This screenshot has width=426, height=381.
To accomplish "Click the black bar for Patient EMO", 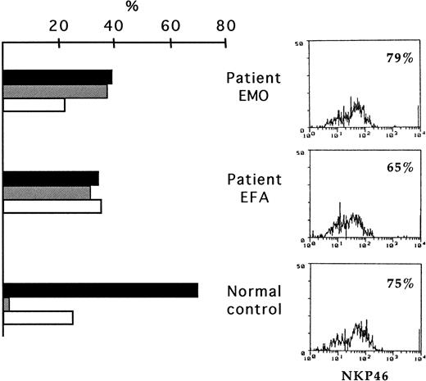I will pyautogui.click(x=57, y=77).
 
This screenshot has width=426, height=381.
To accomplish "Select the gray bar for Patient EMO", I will pyautogui.click(x=55, y=91).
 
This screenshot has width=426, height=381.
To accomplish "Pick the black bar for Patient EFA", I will pyautogui.click(x=51, y=178).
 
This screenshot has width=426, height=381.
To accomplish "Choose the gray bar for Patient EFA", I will pyautogui.click(x=47, y=193).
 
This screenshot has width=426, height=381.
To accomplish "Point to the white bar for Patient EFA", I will pyautogui.click(x=52, y=206).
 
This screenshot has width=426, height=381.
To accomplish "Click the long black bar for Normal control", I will pyautogui.click(x=101, y=289).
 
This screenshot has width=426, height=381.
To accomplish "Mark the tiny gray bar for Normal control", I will pyautogui.click(x=7, y=304).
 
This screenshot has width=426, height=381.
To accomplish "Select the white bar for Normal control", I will pyautogui.click(x=39, y=318).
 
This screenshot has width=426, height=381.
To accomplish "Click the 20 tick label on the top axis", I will pyautogui.click(x=58, y=25).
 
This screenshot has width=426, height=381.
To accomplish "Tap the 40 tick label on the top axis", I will pyautogui.click(x=114, y=25).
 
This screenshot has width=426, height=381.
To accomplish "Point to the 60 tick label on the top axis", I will pyautogui.click(x=170, y=25).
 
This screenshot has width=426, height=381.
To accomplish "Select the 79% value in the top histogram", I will pyautogui.click(x=398, y=57).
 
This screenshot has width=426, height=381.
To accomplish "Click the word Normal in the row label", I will pyautogui.click(x=254, y=293).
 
